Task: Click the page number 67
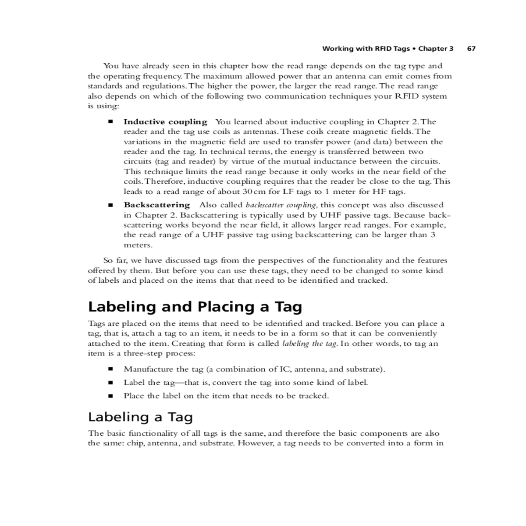[471, 48]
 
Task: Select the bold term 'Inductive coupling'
[165, 122]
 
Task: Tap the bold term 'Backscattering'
[157, 205]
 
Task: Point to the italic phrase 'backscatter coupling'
[281, 205]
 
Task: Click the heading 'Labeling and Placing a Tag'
[195, 306]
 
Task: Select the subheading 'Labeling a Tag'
[140, 416]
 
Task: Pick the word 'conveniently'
[412, 334]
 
